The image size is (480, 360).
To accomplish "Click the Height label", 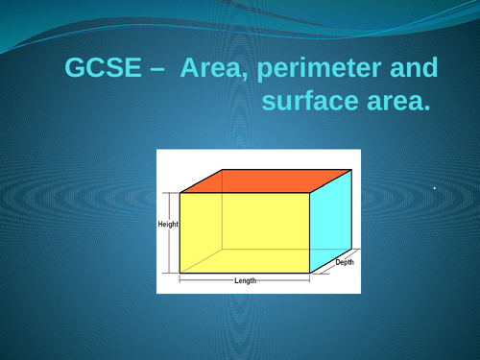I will (x=168, y=224).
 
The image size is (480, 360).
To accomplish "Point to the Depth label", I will (x=345, y=262).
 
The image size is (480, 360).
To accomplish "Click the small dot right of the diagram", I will (x=435, y=188).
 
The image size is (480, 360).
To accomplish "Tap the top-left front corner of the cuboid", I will (x=180, y=193).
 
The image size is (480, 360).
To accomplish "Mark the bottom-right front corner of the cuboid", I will (x=309, y=273).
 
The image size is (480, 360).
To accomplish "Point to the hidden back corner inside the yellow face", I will (x=224, y=248).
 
